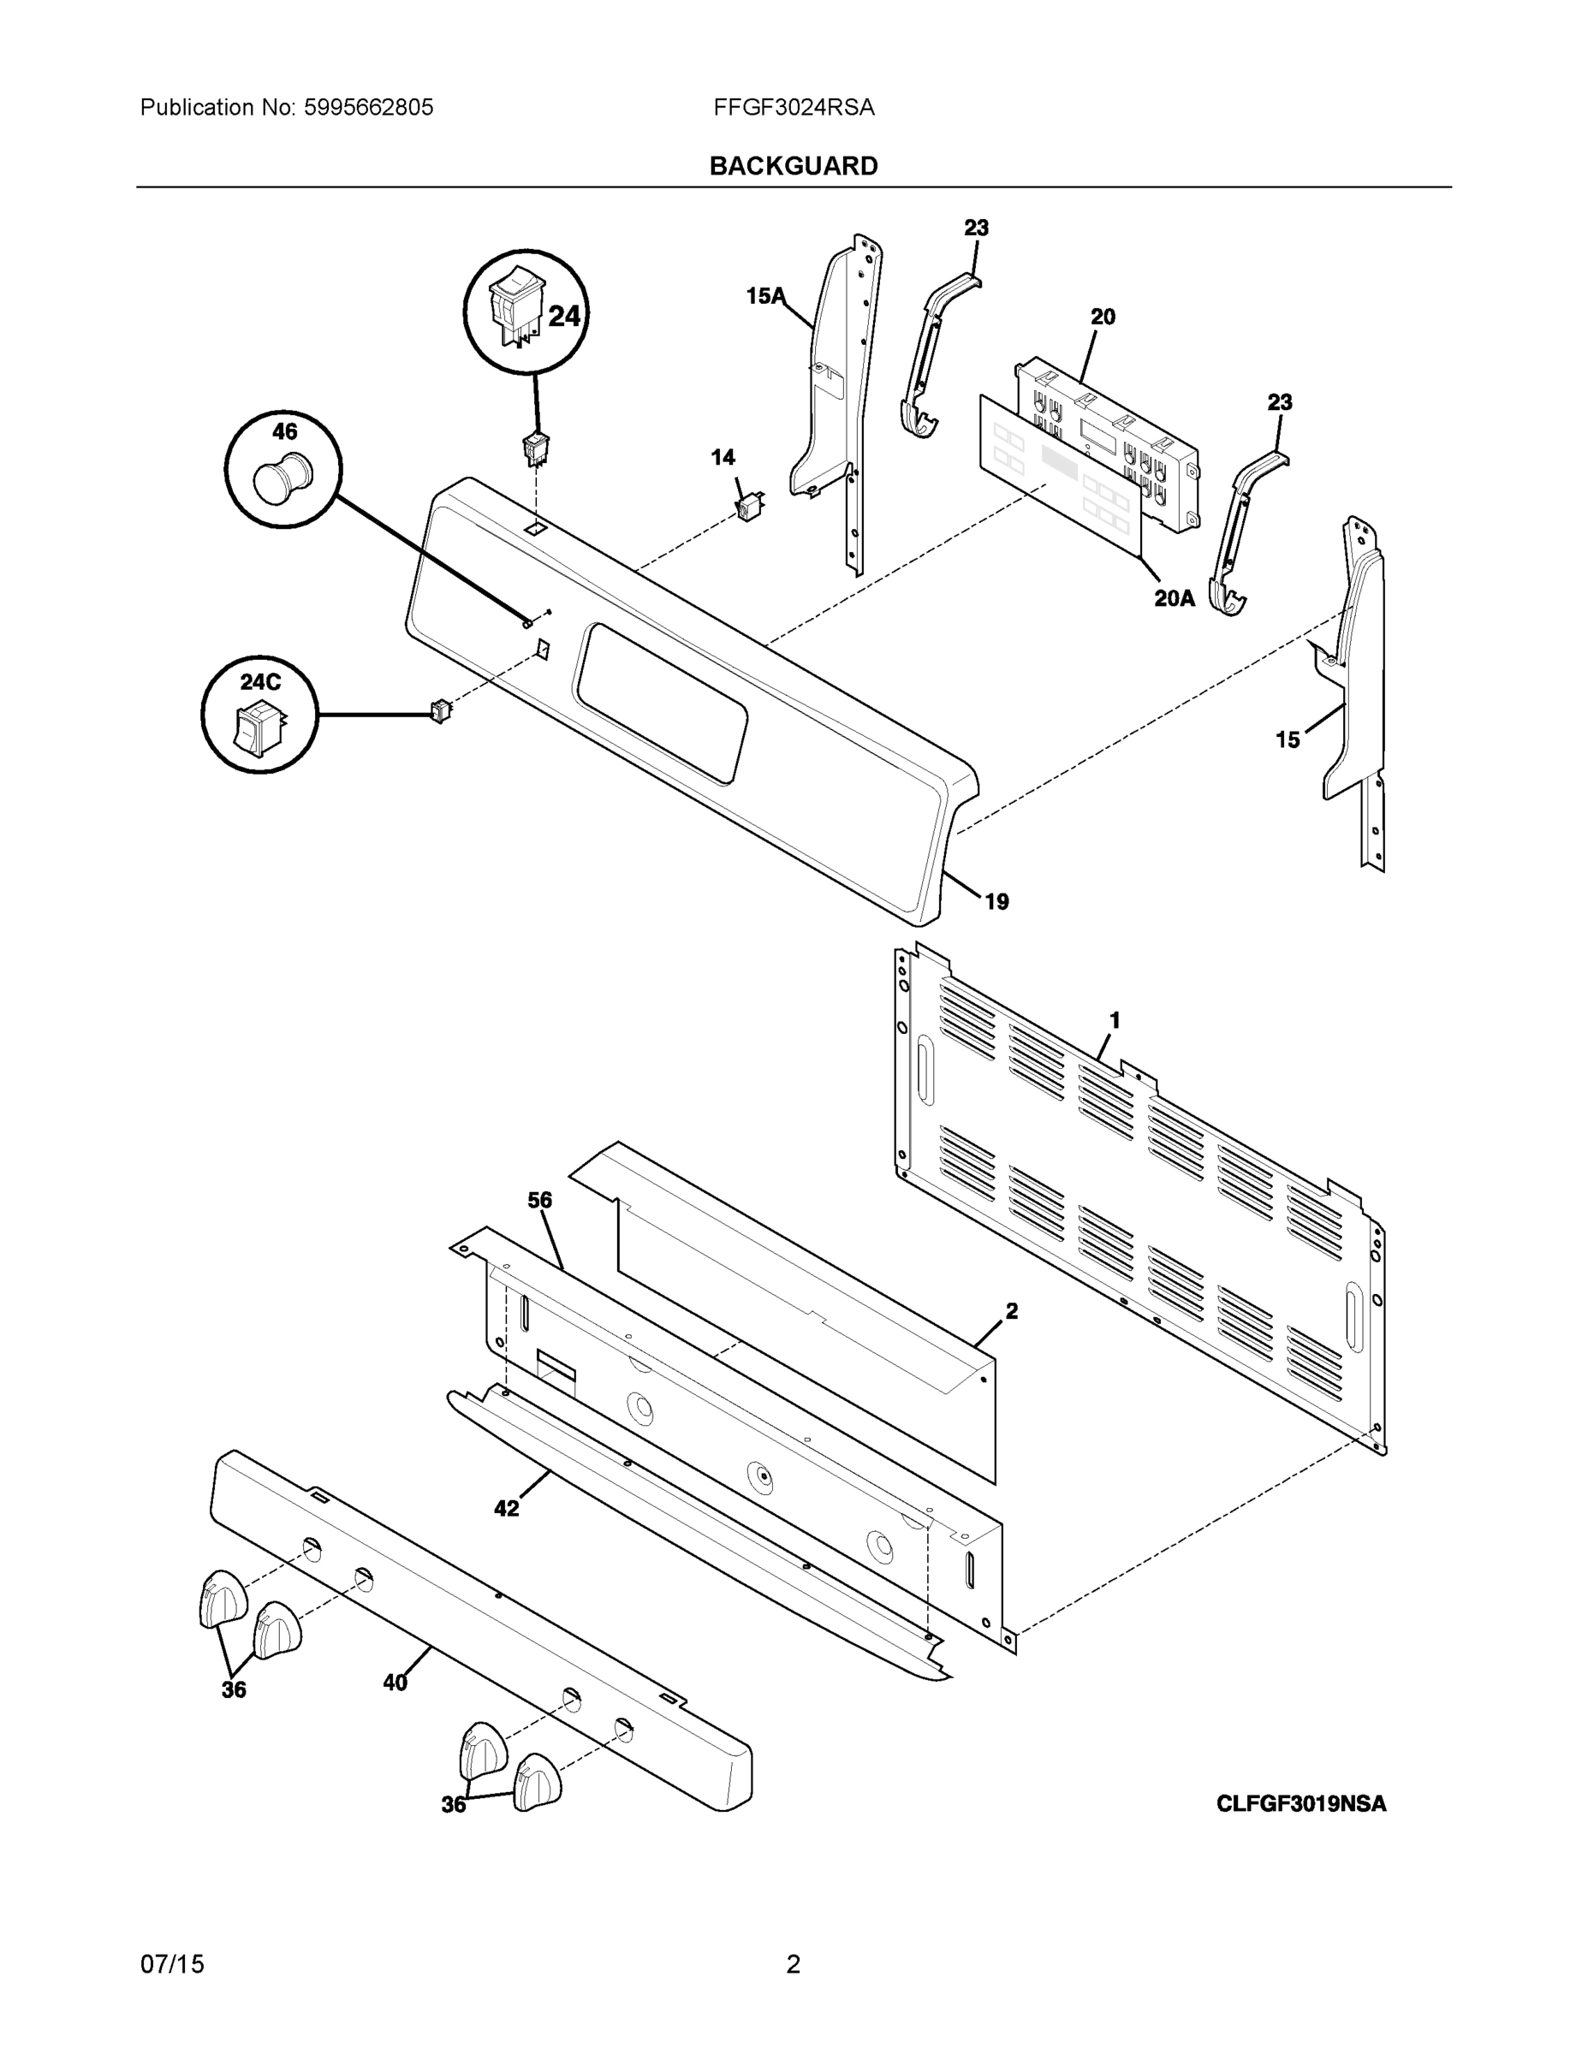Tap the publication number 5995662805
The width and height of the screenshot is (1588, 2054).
[x=368, y=107]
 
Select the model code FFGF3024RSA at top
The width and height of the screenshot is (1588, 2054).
[x=793, y=107]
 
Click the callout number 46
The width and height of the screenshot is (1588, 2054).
[x=284, y=431]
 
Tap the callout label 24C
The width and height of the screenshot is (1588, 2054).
[x=259, y=682]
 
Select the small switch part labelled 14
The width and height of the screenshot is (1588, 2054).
[x=749, y=507]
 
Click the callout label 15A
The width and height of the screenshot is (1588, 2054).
[x=764, y=296]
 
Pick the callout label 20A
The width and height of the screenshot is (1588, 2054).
[x=1174, y=597]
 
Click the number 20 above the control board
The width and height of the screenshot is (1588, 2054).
[x=1103, y=317]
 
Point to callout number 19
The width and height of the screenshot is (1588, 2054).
[x=996, y=902]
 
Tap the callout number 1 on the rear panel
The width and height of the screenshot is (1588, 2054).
[x=1115, y=1019]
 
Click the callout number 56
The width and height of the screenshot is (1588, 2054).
[x=539, y=1200]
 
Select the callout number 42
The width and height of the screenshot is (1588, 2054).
[x=506, y=1509]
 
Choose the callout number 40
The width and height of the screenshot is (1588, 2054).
[x=396, y=1683]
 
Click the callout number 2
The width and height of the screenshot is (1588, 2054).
[x=1011, y=1311]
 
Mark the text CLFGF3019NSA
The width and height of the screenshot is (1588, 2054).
[x=1300, y=1803]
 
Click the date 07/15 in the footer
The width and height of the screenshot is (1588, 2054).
[x=172, y=1964]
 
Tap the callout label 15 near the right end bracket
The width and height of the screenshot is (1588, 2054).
[x=1287, y=740]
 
